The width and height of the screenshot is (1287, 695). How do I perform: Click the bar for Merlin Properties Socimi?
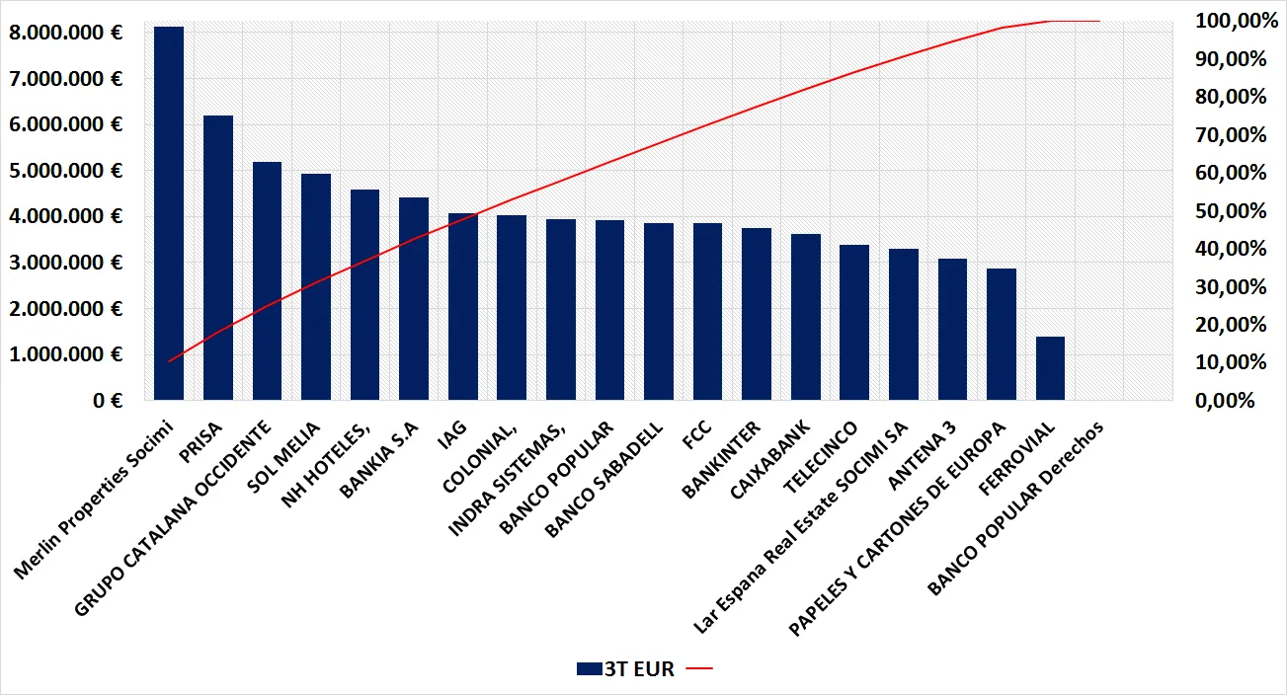pos(169,213)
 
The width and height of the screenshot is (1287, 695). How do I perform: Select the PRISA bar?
pos(218,258)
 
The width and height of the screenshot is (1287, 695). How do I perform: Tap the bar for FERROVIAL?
pos(1050,368)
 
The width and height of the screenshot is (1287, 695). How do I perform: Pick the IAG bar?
pos(463,307)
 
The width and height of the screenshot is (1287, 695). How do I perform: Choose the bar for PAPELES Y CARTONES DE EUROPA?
pos(1002,335)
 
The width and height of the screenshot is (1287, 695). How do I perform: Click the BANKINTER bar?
pos(757,314)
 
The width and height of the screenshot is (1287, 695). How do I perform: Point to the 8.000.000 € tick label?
pos(66,33)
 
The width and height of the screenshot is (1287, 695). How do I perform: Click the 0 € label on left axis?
pos(108,401)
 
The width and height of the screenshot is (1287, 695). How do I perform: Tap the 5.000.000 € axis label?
pos(66,171)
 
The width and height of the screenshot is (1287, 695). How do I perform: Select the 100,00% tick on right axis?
pos(1236,21)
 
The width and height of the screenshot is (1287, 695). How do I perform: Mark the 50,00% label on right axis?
pos(1230,211)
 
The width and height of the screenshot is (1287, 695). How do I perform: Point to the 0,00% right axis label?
pos(1225,401)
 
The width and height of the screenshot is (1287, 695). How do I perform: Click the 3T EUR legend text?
pos(639,669)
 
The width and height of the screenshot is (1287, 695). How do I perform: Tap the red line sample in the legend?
pos(699,668)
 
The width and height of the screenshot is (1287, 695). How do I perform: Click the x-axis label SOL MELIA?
pos(283,457)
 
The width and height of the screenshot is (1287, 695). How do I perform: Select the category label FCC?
pos(697,434)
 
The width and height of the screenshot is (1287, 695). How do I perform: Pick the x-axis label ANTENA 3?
pos(923,455)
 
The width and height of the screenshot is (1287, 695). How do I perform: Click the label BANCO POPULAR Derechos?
pos(1015,508)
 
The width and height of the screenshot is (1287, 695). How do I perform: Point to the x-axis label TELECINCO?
pos(821,457)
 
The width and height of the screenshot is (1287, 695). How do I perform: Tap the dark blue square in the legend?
pos(590,668)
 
